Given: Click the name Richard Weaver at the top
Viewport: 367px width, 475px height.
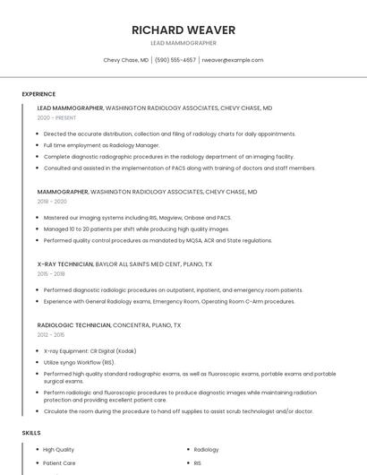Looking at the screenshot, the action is pos(183,30).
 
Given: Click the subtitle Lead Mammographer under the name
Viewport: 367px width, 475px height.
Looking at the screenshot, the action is pos(183,43).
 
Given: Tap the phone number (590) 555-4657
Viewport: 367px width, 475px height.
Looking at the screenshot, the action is pos(175,60).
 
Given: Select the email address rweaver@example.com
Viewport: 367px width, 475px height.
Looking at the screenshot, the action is pos(233,60).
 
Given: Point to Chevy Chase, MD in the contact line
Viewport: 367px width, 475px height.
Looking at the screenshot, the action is pos(126,60).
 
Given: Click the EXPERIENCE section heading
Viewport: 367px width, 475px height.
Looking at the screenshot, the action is pos(38,94).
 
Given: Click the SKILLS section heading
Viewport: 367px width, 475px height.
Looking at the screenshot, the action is pos(31,433).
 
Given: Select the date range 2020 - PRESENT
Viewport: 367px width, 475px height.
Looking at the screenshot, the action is pos(55,117).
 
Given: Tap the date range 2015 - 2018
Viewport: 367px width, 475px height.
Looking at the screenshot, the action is pos(52,274).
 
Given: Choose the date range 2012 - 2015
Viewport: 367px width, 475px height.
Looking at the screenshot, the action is pos(52,334).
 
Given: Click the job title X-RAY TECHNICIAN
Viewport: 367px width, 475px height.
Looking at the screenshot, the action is pos(65,264).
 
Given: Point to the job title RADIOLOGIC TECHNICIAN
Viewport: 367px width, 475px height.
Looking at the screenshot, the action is pos(74,324).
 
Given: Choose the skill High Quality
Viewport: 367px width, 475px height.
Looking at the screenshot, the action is pos(59,449).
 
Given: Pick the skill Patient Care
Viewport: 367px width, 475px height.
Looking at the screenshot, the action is pos(59,463).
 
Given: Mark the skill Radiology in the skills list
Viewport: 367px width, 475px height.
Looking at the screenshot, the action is pos(206,449).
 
